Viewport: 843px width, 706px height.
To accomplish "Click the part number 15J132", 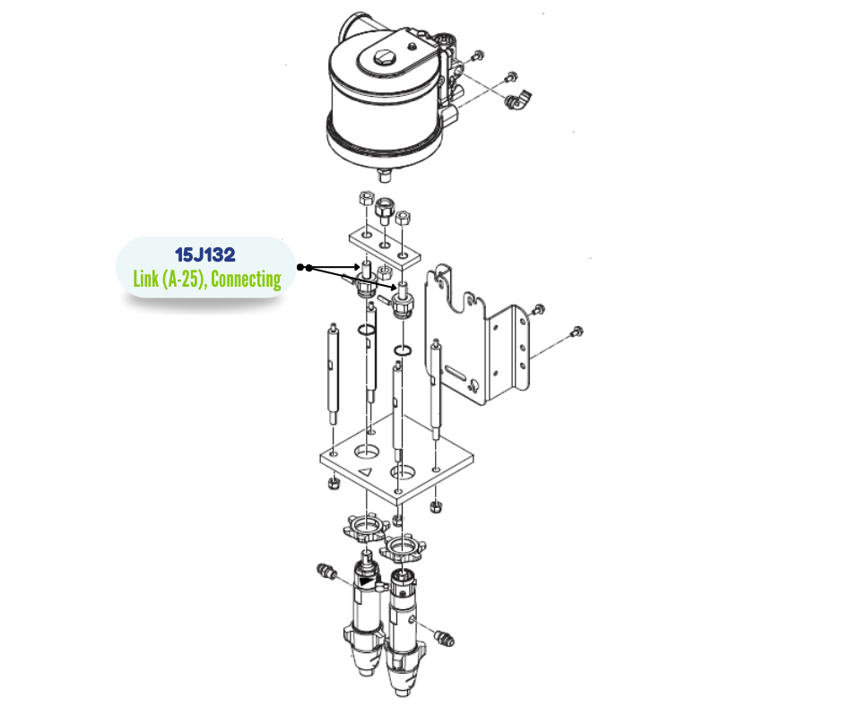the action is [x=204, y=254].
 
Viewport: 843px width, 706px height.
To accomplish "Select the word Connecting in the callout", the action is [x=247, y=280].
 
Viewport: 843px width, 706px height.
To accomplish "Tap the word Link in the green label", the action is [x=145, y=279].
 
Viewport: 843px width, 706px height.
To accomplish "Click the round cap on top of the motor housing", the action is [x=384, y=56].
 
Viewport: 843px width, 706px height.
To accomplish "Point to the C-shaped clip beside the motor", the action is [x=519, y=99].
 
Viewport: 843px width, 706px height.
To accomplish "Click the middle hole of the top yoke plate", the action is [x=385, y=245].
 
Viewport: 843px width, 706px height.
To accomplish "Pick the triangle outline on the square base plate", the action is [x=365, y=472].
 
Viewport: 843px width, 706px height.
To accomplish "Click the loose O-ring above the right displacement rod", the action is [x=403, y=351].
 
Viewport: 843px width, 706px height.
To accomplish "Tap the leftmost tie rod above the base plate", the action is [x=333, y=374].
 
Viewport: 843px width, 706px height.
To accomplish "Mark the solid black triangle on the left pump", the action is [x=367, y=581].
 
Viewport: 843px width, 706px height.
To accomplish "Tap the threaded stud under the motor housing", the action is [x=384, y=176].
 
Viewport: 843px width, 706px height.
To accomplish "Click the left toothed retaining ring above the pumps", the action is [x=366, y=528].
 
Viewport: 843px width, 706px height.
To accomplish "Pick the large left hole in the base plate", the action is [x=366, y=452].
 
